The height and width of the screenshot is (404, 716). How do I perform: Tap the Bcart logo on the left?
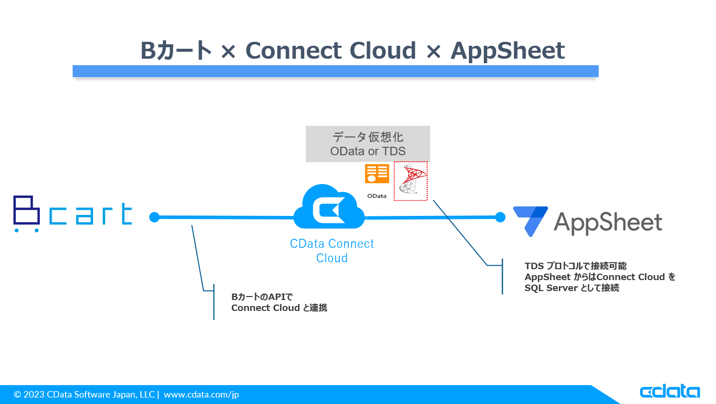pos(73,214)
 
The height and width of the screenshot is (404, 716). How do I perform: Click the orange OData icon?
pos(377,174)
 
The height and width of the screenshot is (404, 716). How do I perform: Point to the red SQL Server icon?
pos(411,180)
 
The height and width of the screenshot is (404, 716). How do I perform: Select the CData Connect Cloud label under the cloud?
pos(332,251)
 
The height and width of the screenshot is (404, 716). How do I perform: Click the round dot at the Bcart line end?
pos(154,217)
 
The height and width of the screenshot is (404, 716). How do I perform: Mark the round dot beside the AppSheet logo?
pos(500,217)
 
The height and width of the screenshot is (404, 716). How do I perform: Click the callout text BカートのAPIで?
pos(262,297)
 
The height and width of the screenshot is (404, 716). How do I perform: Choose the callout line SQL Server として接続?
pos(571,288)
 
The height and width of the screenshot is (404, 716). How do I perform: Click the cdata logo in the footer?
pos(669,392)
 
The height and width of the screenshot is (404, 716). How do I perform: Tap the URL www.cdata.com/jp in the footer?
pos(201,395)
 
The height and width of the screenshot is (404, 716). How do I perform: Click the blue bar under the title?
pos(335,71)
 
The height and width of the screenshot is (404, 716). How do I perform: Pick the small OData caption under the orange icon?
pos(377,196)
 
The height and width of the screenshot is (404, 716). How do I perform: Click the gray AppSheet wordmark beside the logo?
pos(608,222)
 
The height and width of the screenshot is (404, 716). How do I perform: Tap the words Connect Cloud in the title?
pos(330,51)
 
